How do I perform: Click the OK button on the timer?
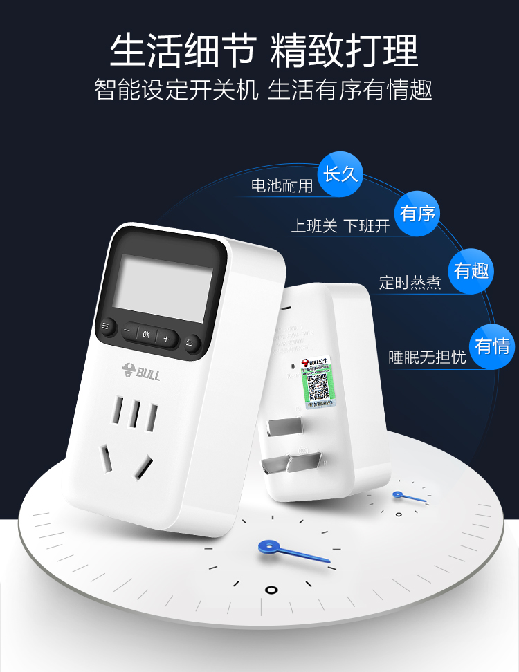point(146,334)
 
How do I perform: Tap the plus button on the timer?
point(166,338)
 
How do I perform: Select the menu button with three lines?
point(107,326)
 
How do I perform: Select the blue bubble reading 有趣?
point(471,271)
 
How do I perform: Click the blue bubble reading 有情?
point(492,345)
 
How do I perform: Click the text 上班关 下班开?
point(340,226)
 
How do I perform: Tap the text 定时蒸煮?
point(410,283)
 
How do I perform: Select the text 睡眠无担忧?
point(427,357)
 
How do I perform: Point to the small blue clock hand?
point(410,496)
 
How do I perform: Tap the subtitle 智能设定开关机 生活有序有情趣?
point(263,91)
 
